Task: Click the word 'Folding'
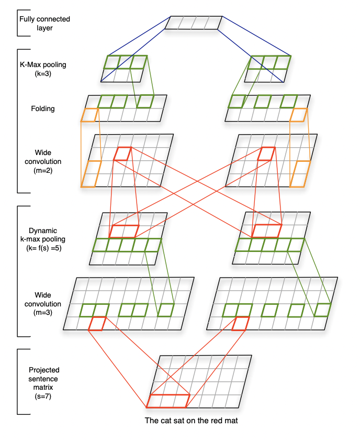pos(42,108)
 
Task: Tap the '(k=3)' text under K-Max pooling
pos(43,74)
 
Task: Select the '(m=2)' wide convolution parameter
pos(43,170)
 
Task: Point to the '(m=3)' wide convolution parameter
pos(42,312)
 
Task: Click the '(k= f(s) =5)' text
pos(44,248)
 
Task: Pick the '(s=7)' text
pos(43,396)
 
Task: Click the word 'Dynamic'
pos(43,230)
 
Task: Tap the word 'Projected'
pos(44,370)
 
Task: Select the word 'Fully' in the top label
pos(27,19)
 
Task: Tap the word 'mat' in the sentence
pos(231,420)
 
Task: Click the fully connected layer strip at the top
pos(194,23)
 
